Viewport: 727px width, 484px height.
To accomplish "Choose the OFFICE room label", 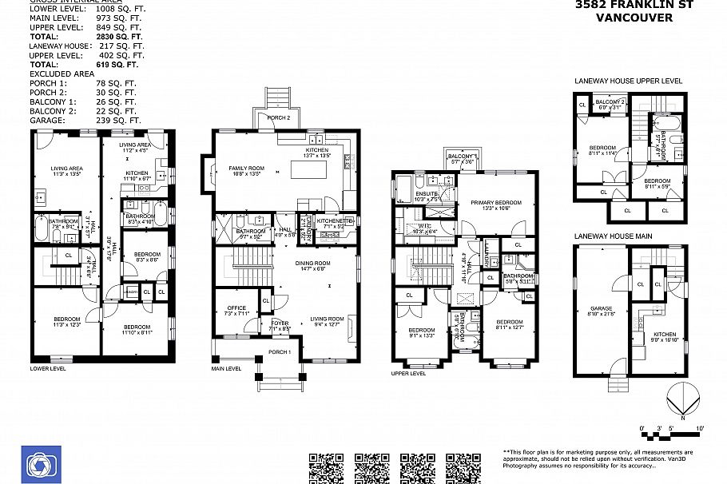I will coord(236,308).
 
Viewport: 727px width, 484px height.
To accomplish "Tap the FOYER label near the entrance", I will coord(280,323).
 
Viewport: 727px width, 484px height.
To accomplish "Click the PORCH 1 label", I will coord(280,352).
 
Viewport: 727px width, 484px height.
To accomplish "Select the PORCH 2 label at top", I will coord(278,117).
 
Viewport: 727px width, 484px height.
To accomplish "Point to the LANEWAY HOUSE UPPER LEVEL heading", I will coord(628,81).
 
